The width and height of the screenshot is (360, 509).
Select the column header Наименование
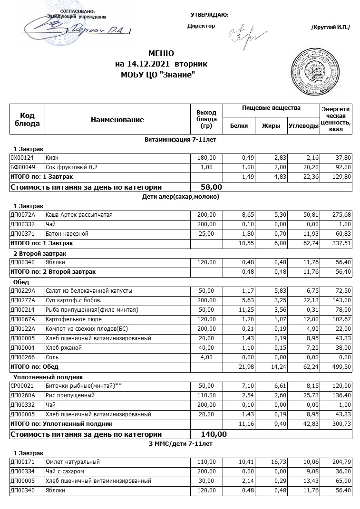point(117,120)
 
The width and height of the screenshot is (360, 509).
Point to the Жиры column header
point(271,126)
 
